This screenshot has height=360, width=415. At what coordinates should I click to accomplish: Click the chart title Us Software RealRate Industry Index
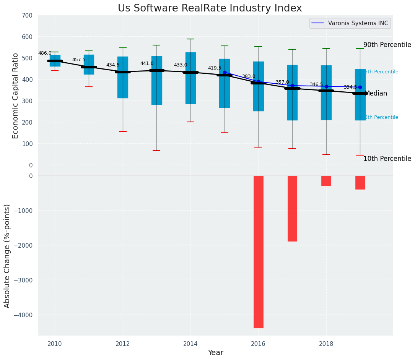210,8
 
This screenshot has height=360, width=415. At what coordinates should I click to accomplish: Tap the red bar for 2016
258,251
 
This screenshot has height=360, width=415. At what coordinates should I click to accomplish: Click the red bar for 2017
292,208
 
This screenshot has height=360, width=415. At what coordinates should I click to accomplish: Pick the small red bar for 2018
326,181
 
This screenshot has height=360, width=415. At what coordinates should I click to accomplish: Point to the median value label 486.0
45,53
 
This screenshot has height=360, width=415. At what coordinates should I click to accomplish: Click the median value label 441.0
147,63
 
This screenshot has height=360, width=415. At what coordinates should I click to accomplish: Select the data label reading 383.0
249,76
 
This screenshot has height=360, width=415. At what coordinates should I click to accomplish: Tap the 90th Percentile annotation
387,45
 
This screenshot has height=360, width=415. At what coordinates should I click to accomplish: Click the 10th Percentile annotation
387,159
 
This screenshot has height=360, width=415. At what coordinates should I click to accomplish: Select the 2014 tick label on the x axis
190,344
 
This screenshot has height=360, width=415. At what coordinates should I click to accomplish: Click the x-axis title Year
215,353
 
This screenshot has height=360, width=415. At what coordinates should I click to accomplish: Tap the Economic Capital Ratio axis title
16,90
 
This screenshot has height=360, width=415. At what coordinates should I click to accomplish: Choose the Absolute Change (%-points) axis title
7,256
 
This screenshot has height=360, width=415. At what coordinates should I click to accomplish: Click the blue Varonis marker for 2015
225,72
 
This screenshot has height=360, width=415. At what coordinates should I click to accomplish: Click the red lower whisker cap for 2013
156,151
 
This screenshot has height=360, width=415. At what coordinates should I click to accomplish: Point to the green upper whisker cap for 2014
190,39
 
